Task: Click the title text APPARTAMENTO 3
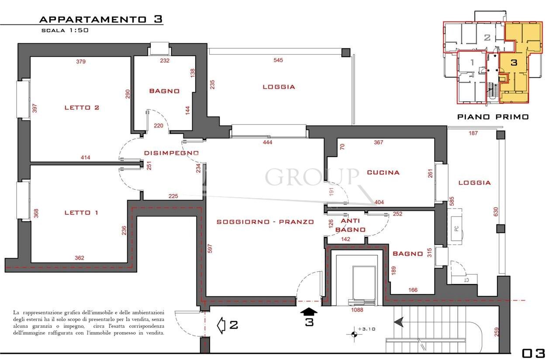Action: pyautogui.click(x=101, y=19)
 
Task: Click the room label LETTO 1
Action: pyautogui.click(x=81, y=213)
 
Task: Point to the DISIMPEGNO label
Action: pyautogui.click(x=172, y=153)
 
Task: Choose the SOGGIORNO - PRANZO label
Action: pyautogui.click(x=265, y=222)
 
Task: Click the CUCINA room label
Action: pyautogui.click(x=383, y=172)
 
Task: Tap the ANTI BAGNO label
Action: pyautogui.click(x=351, y=226)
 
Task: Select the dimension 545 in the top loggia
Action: pyautogui.click(x=278, y=60)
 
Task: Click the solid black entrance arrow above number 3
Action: pyautogui.click(x=309, y=311)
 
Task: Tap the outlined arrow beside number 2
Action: pyautogui.click(x=222, y=325)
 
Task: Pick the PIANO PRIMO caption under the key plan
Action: pyautogui.click(x=493, y=117)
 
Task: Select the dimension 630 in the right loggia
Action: pyautogui.click(x=496, y=212)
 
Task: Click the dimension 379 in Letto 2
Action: pyautogui.click(x=81, y=62)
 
